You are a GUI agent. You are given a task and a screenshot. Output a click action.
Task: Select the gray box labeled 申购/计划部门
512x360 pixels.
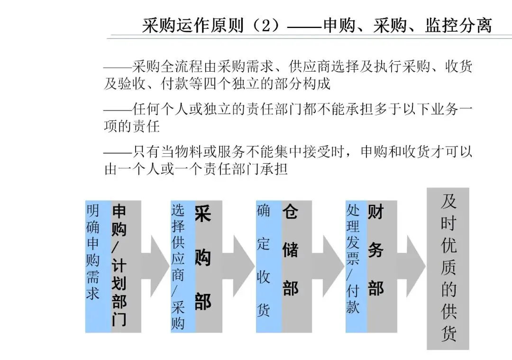[x=126, y=266]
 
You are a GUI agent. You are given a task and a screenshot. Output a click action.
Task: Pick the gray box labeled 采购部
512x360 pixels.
[x=208, y=266]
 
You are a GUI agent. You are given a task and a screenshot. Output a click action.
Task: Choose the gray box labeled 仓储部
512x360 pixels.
[x=296, y=266]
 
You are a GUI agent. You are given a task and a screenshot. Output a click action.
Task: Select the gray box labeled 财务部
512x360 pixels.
[x=381, y=266]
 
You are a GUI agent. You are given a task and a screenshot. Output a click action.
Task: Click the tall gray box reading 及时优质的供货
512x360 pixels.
[x=448, y=268]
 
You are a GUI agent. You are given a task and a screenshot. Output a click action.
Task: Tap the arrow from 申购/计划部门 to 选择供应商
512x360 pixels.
[x=156, y=266]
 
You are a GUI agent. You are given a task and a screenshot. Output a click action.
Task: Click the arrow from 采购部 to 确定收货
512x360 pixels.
[x=240, y=266]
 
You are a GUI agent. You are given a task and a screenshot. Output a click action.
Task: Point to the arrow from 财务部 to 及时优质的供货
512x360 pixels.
[x=412, y=266]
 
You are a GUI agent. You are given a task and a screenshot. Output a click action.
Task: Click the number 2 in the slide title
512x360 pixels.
[x=265, y=25]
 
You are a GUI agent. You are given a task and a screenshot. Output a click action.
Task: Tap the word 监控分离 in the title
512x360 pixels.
[x=458, y=25]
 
